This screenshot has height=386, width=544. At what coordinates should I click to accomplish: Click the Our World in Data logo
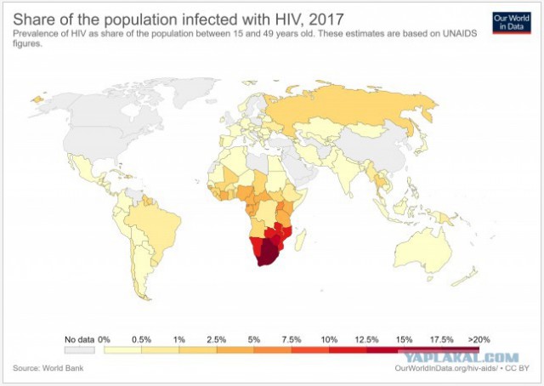tap(512, 23)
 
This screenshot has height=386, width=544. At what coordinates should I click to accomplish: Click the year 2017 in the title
tap(326, 19)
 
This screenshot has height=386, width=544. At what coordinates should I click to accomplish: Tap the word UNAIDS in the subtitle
tap(459, 34)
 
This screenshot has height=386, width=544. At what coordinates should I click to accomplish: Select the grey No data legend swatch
tap(79, 350)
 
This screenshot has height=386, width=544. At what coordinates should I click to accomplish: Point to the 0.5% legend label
tap(142, 339)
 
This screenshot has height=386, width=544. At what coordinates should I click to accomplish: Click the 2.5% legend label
tap(217, 339)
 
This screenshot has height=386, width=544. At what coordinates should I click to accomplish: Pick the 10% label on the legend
tap(329, 339)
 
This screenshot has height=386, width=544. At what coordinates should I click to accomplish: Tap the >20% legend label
tap(479, 339)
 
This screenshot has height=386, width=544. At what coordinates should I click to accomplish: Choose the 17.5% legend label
tap(442, 339)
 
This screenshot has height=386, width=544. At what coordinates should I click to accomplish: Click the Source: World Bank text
tap(48, 368)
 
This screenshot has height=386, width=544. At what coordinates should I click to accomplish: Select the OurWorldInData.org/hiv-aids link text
tap(446, 368)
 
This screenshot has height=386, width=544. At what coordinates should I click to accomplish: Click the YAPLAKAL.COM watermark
tap(462, 358)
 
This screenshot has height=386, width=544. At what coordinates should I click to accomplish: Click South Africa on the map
tap(268, 254)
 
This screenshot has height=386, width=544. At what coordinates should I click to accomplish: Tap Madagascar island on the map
tap(300, 240)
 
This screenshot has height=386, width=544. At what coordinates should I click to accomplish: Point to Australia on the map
tap(422, 251)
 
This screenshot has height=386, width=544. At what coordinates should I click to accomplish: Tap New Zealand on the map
tap(466, 277)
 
